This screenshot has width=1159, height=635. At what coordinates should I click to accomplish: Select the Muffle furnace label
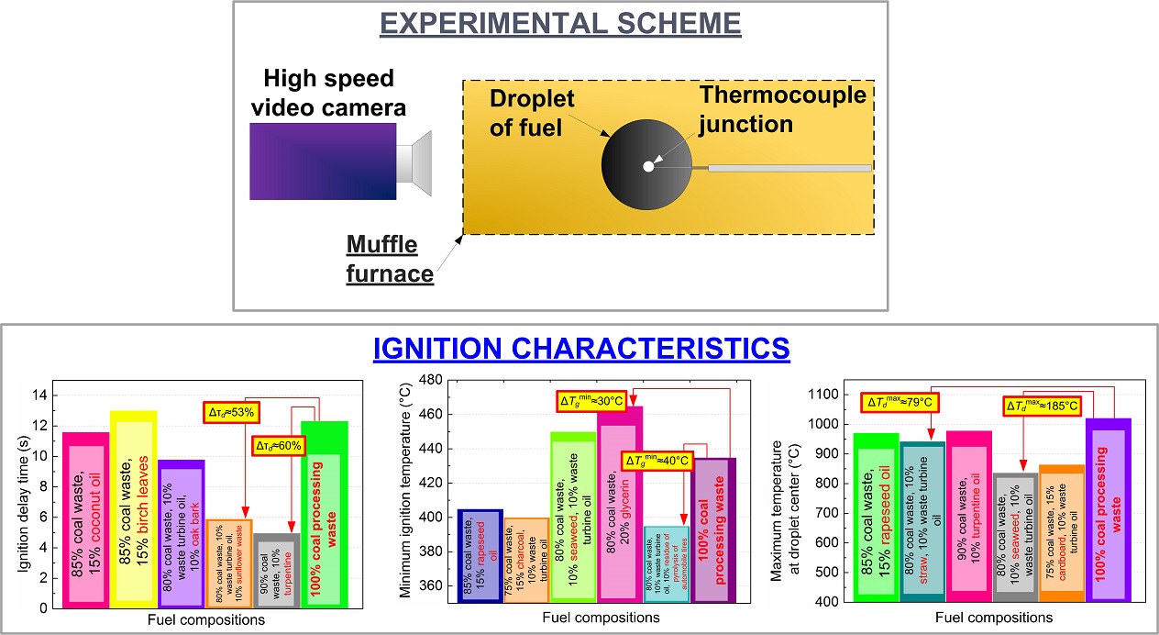point(381,258)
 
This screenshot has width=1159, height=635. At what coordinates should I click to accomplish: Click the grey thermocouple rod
point(789,168)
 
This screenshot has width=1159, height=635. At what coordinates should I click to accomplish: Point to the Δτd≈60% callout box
point(277,446)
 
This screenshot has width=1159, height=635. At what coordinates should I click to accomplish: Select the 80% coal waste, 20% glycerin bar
point(620,505)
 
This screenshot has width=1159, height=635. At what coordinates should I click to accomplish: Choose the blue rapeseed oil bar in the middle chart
point(480,556)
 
